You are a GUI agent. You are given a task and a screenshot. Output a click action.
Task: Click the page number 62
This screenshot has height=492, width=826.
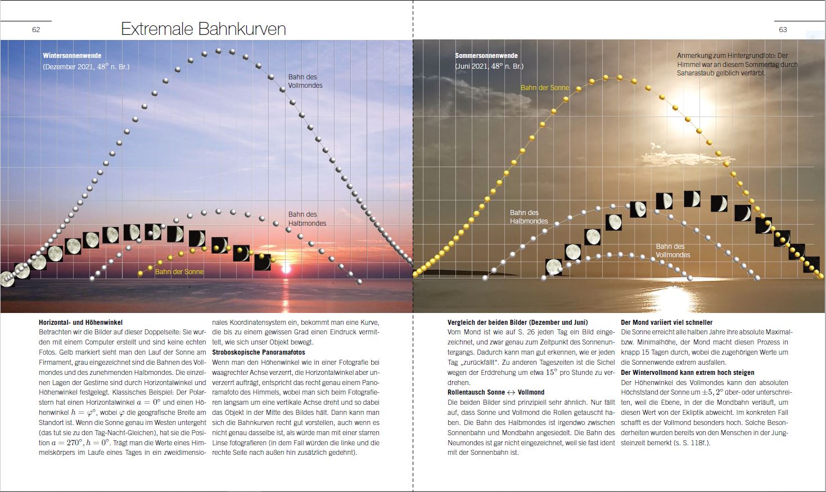click(36, 30)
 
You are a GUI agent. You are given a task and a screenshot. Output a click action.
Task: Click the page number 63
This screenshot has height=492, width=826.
click(783, 30)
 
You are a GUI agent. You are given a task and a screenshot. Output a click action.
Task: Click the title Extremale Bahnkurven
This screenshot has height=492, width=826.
click(203, 29)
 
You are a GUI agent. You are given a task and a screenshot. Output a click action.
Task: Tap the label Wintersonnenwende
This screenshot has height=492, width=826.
click(72, 56)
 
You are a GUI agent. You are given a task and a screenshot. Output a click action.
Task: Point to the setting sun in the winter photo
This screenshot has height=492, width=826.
click(286, 268)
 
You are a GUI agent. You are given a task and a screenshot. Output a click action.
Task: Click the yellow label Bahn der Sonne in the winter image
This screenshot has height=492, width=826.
click(179, 272)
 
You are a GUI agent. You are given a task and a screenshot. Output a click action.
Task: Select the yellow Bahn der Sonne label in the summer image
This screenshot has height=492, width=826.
click(544, 88)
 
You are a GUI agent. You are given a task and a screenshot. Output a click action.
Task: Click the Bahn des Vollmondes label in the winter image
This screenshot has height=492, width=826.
click(305, 81)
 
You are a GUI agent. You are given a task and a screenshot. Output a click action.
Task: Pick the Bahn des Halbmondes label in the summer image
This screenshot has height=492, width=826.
click(529, 217)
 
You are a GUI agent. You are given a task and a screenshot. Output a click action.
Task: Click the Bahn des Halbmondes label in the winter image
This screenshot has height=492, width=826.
click(307, 219)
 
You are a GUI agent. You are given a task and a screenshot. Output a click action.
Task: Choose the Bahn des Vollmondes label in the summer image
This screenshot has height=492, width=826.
click(672, 251)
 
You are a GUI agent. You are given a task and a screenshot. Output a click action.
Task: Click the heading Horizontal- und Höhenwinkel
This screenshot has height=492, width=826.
click(80, 323)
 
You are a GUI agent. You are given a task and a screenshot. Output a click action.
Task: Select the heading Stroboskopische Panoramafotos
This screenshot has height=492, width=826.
click(259, 352)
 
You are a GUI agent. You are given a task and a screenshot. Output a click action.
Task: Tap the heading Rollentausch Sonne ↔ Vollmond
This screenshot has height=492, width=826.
click(495, 392)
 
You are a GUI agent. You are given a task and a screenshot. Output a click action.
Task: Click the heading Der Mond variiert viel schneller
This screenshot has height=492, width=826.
click(666, 323)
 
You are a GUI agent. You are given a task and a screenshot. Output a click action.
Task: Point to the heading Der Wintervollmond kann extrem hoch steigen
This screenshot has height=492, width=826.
click(687, 373)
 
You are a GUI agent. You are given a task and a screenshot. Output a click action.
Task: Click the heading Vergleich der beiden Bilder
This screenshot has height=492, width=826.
click(517, 323)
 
